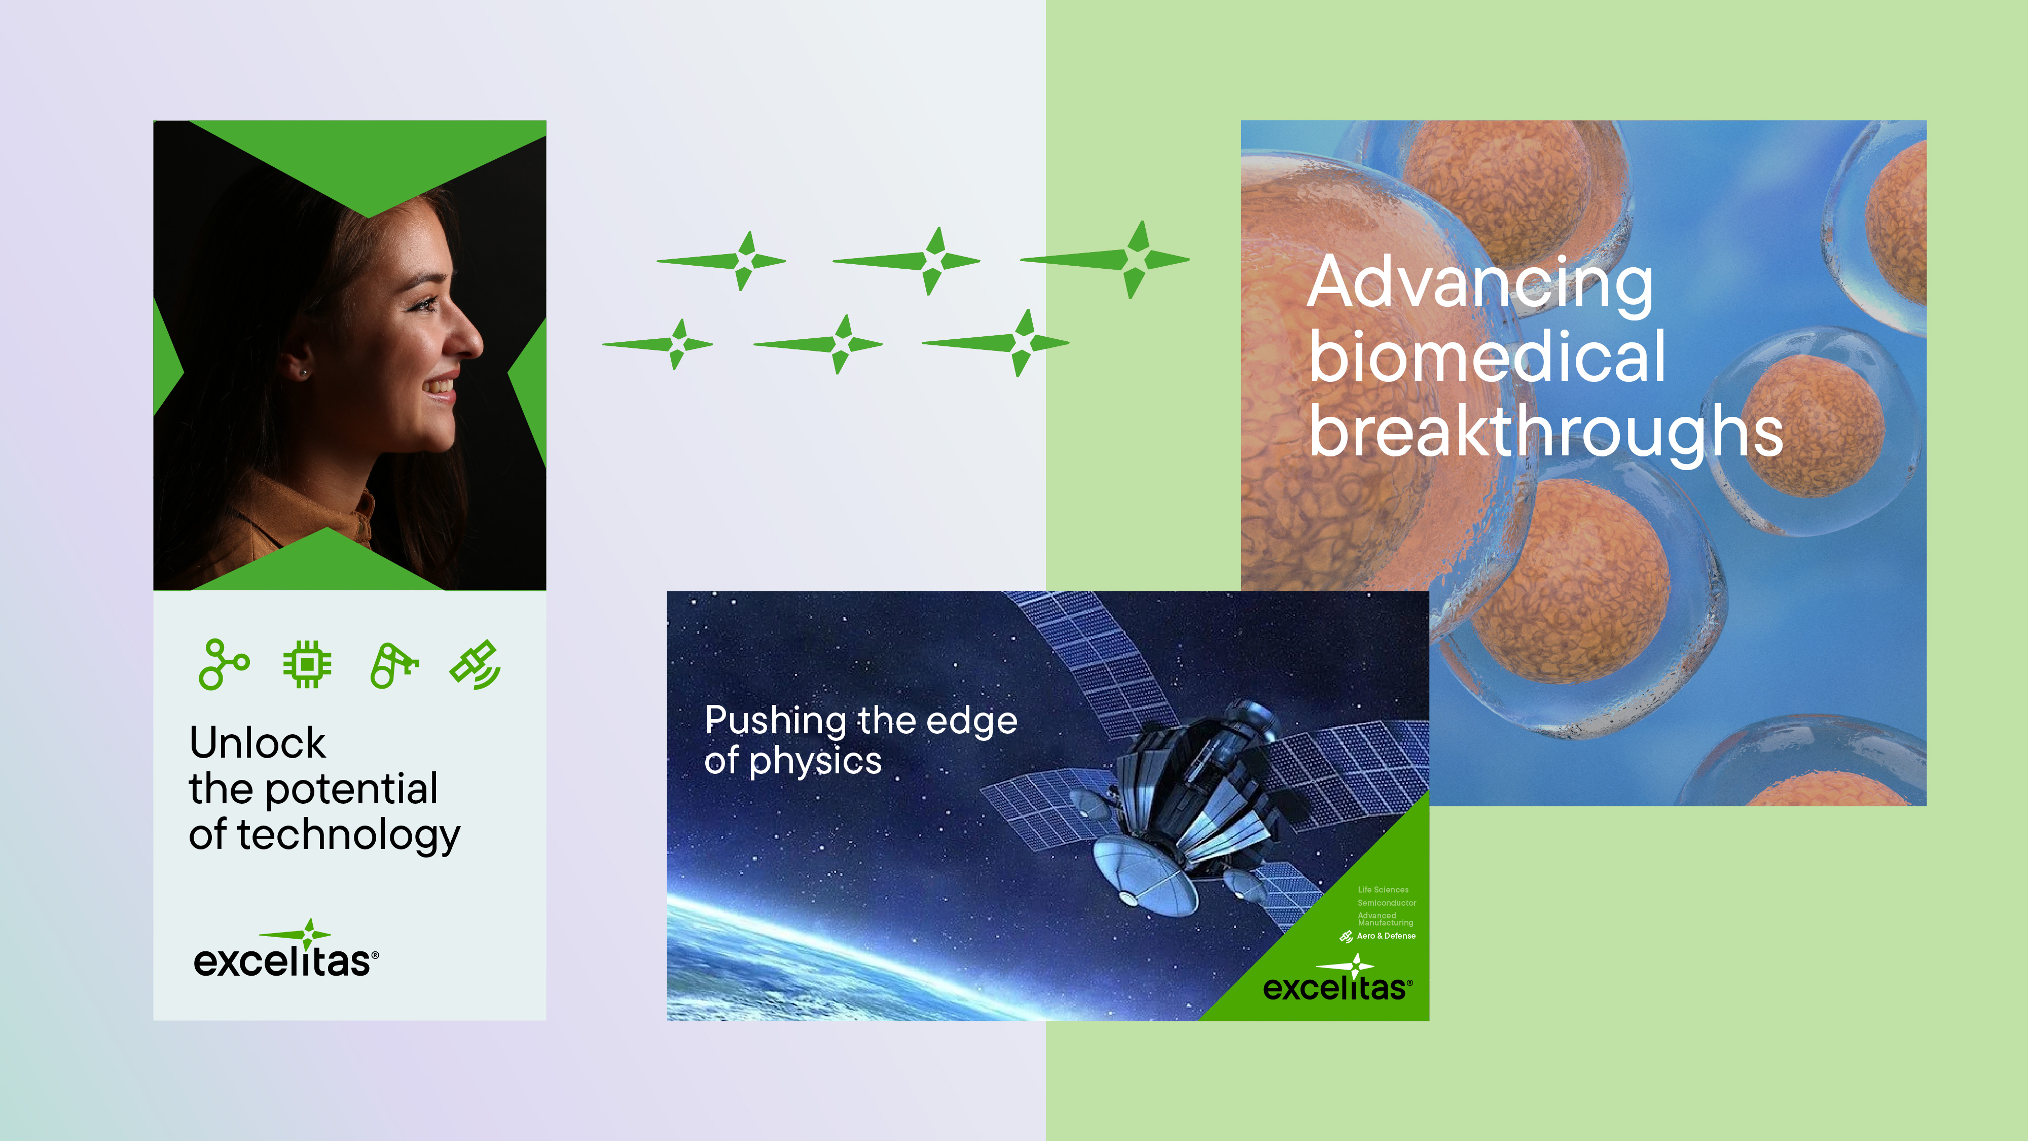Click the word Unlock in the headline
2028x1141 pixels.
[258, 743]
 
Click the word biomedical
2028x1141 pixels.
[1487, 359]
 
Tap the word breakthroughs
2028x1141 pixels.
[1545, 432]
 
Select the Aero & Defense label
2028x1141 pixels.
[1386, 936]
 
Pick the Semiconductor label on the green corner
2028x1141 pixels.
[1386, 903]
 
